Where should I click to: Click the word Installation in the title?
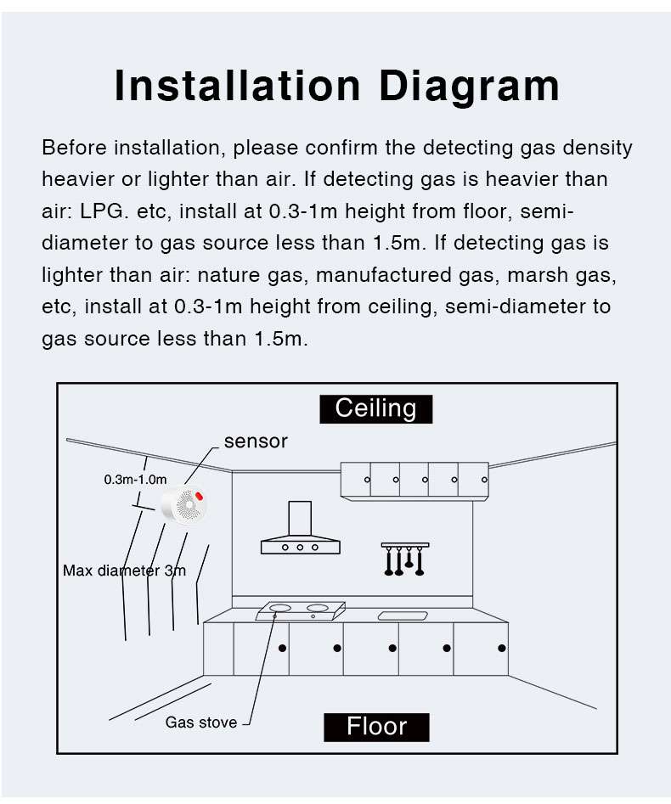pos(238,86)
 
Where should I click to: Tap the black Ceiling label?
pos(375,408)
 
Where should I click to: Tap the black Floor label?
pos(376,727)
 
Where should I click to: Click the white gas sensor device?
pos(185,507)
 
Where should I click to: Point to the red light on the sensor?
pos(200,496)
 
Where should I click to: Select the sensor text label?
pos(256,441)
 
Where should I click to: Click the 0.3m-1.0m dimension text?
pos(135,480)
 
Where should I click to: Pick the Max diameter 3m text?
pos(124,571)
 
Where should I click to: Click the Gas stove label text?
pos(201,723)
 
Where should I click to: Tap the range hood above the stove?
pos(300,531)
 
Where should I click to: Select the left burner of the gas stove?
pos(279,608)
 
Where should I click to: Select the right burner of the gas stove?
pos(317,608)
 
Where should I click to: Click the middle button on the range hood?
pos(300,548)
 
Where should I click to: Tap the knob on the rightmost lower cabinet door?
pos(502,648)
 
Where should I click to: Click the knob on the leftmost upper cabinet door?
pos(367,481)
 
